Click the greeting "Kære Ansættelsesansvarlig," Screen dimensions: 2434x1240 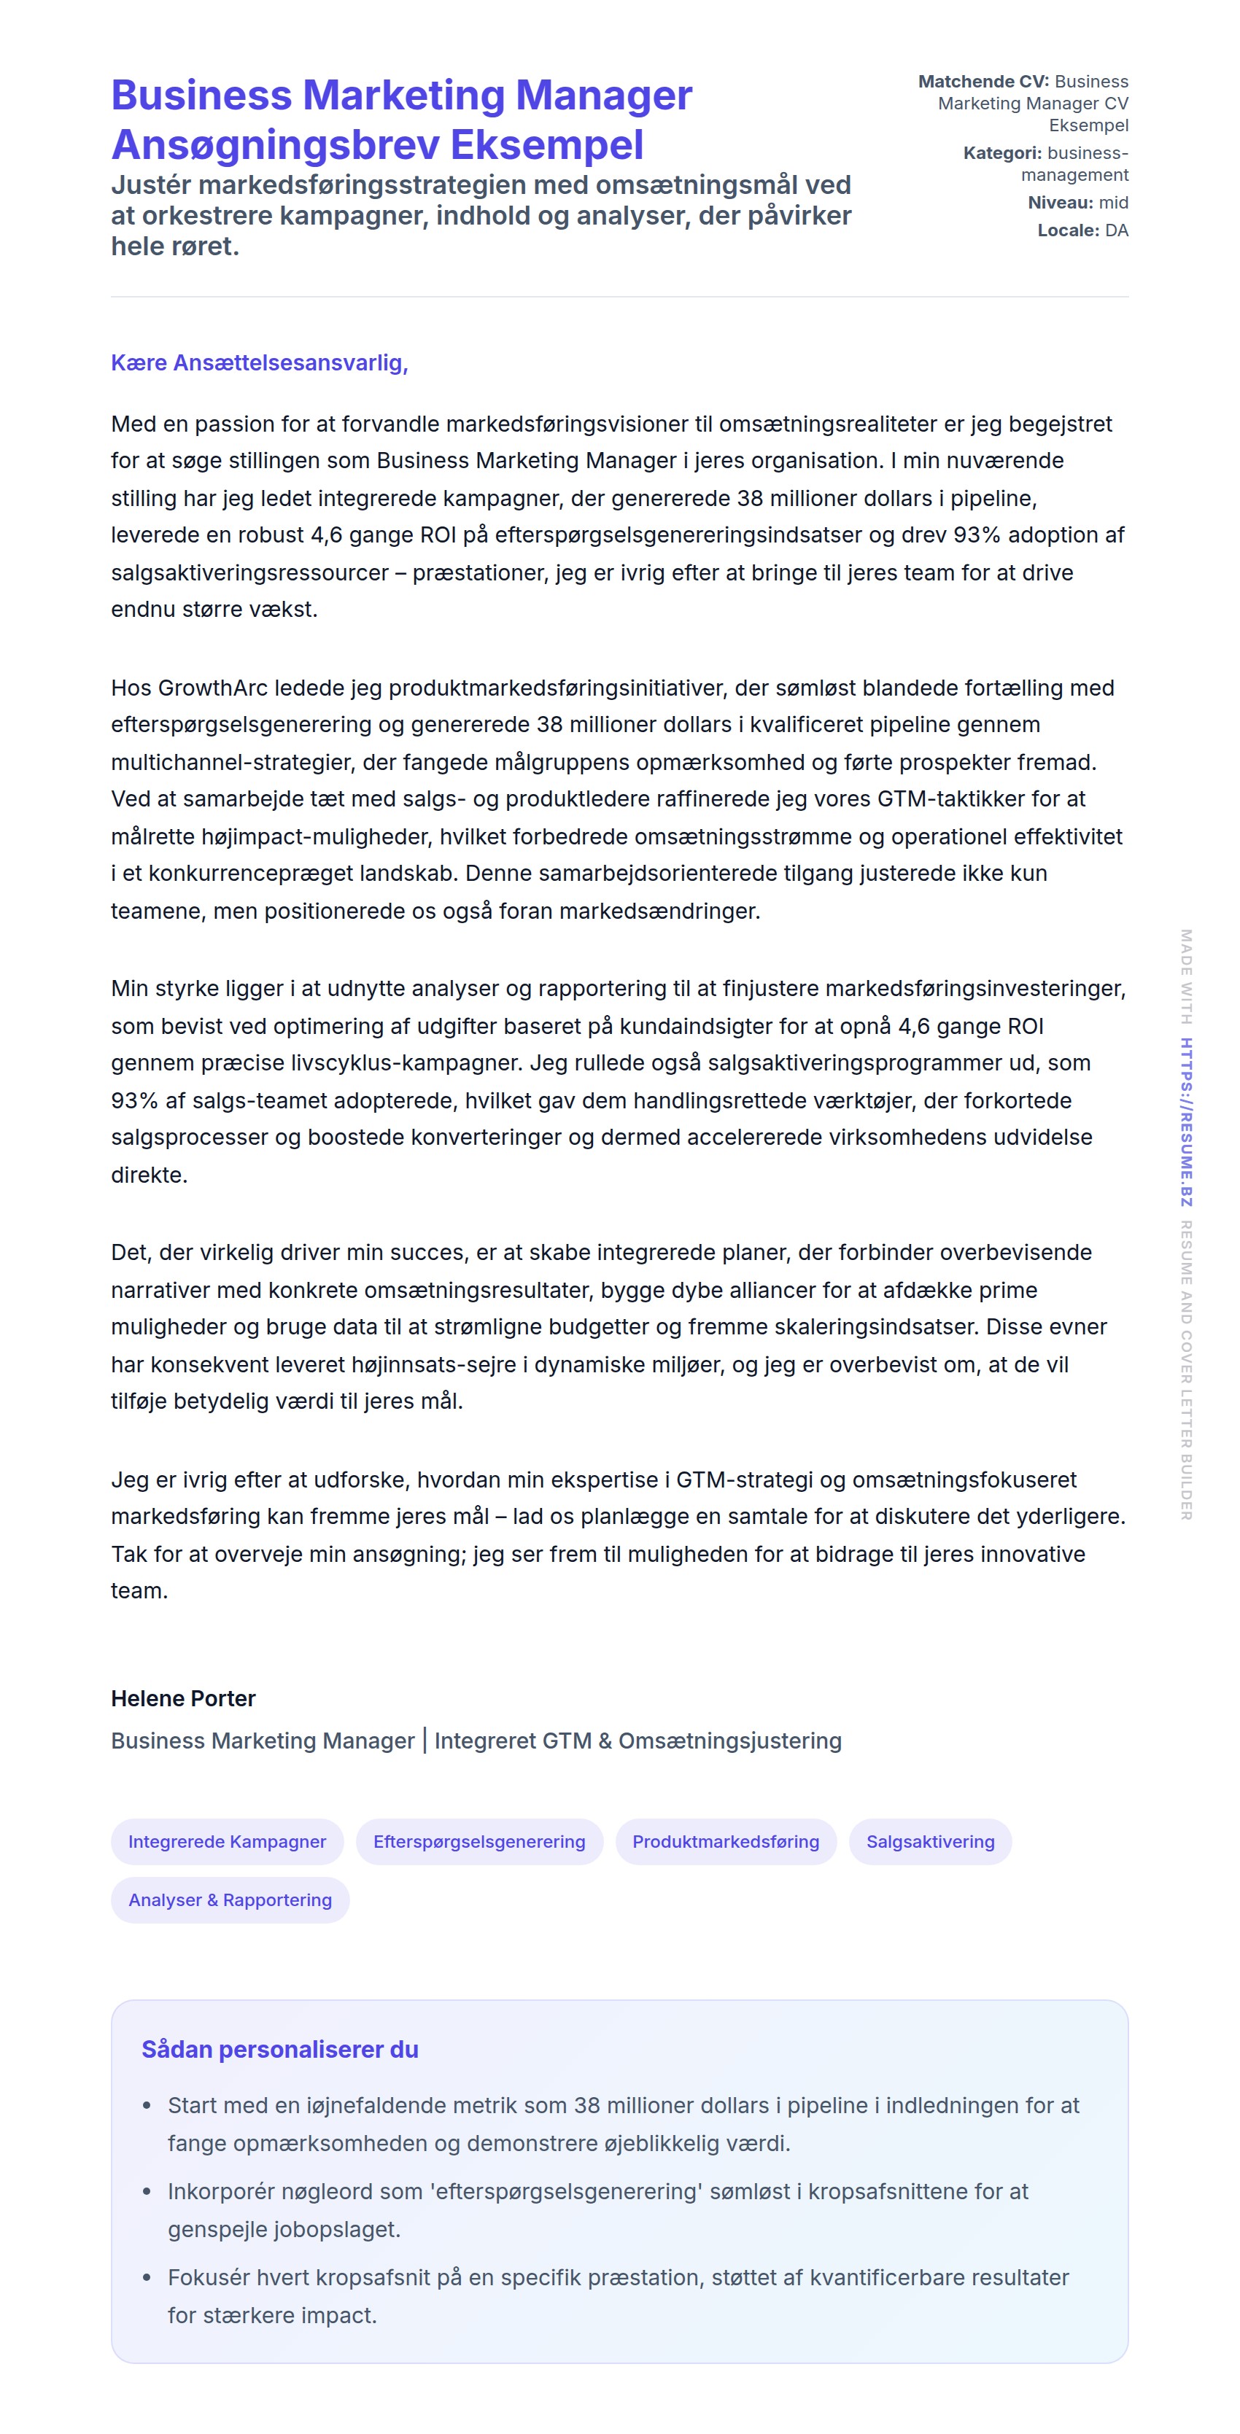[x=259, y=363]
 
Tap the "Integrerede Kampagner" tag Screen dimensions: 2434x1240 [x=227, y=1842]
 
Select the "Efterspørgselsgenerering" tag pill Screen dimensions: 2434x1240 [x=479, y=1842]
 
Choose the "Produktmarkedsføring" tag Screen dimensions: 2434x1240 [x=725, y=1842]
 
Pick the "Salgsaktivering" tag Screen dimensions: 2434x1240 [x=930, y=1842]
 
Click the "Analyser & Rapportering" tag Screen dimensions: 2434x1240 [x=230, y=1900]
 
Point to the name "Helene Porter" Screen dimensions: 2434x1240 [x=183, y=1698]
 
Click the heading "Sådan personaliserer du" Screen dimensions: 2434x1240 [x=280, y=2050]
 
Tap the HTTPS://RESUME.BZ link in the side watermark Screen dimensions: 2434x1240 [x=1185, y=1121]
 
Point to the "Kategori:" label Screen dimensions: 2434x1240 [x=1001, y=153]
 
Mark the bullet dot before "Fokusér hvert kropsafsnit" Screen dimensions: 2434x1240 [x=147, y=2278]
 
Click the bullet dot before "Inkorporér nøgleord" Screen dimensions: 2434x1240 [x=147, y=2192]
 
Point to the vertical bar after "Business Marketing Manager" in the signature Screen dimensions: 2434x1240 [x=425, y=1741]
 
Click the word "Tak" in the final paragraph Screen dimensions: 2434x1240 [x=128, y=1555]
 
